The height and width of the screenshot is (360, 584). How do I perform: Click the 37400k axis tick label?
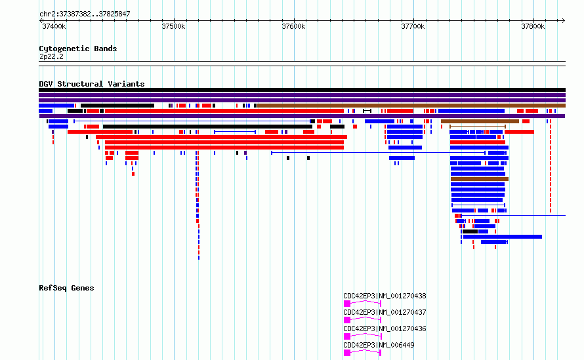pyautogui.click(x=54, y=26)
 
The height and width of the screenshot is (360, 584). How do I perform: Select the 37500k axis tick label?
pyautogui.click(x=173, y=26)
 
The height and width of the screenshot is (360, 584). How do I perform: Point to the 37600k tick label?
pyautogui.click(x=293, y=26)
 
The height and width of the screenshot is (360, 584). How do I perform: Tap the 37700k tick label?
pyautogui.click(x=413, y=26)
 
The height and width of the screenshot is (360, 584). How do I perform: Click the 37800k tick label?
pyautogui.click(x=533, y=26)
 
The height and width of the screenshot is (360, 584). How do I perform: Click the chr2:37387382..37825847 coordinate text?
pyautogui.click(x=85, y=14)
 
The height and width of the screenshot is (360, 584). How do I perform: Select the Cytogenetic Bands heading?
pyautogui.click(x=78, y=49)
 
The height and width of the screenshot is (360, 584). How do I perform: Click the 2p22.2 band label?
pyautogui.click(x=51, y=56)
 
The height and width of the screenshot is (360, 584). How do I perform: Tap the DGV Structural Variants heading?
pyautogui.click(x=92, y=84)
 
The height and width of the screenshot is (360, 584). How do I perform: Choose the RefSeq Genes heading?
pyautogui.click(x=66, y=288)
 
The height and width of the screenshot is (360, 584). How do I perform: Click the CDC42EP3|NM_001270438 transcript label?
pyautogui.click(x=385, y=296)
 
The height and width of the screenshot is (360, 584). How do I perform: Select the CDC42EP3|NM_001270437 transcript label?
pyautogui.click(x=385, y=312)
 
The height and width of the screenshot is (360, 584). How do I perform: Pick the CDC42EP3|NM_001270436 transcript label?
pyautogui.click(x=385, y=329)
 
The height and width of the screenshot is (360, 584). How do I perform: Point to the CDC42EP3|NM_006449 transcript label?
pyautogui.click(x=379, y=345)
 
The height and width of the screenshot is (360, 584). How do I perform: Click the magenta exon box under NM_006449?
pyautogui.click(x=347, y=353)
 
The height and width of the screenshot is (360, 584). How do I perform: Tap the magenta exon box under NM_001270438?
pyautogui.click(x=347, y=304)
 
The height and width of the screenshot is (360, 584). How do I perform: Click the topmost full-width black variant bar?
pyautogui.click(x=302, y=90)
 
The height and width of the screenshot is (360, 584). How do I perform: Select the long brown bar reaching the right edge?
pyautogui.click(x=411, y=106)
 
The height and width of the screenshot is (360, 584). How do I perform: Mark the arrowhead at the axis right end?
pyautogui.click(x=564, y=21)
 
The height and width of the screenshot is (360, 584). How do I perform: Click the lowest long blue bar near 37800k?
pyautogui.click(x=503, y=237)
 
